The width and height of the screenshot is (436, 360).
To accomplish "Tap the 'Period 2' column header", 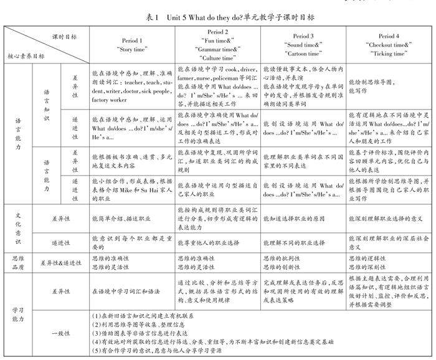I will [x=217, y=32].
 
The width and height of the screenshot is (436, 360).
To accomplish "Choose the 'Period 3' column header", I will [x=303, y=36].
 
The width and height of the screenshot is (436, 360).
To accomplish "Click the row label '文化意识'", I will [x=18, y=228].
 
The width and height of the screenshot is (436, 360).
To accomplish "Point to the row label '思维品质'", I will [x=18, y=261].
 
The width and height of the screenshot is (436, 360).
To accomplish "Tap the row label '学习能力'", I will [x=18, y=310].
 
